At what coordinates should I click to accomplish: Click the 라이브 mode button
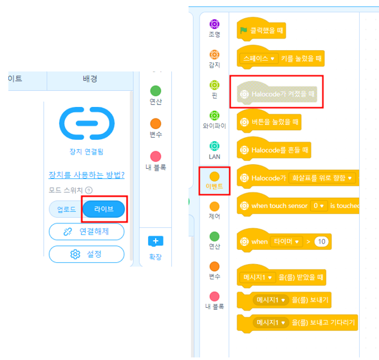pyautogui.click(x=104, y=209)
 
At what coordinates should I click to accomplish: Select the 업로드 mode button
pyautogui.click(x=66, y=209)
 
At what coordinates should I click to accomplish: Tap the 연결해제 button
pyautogui.click(x=86, y=232)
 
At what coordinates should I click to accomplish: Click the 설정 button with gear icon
pyautogui.click(x=86, y=254)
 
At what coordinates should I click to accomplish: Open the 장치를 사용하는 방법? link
pyautogui.click(x=86, y=175)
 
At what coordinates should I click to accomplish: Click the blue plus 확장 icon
pyautogui.click(x=156, y=241)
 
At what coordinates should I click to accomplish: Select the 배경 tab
pyautogui.click(x=90, y=79)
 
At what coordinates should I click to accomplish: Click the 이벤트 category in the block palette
pyautogui.click(x=214, y=180)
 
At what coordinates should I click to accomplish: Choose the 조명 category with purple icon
pyautogui.click(x=214, y=28)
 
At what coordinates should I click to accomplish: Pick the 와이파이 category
pyautogui.click(x=214, y=120)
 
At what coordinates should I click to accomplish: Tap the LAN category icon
pyautogui.click(x=214, y=146)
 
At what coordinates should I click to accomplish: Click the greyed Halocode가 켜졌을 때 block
pyautogui.click(x=277, y=93)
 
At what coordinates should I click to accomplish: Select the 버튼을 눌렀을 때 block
pyautogui.click(x=269, y=122)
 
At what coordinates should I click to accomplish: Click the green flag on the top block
pyautogui.click(x=244, y=30)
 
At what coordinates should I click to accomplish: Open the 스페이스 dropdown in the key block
pyautogui.click(x=259, y=59)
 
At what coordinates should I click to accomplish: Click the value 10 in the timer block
pyautogui.click(x=322, y=242)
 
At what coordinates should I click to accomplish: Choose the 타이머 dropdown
pyautogui.click(x=286, y=242)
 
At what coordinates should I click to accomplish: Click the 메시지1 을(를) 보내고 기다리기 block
pyautogui.click(x=297, y=323)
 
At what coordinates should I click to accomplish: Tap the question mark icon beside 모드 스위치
pyautogui.click(x=89, y=191)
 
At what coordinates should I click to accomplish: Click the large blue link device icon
pyautogui.click(x=87, y=124)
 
